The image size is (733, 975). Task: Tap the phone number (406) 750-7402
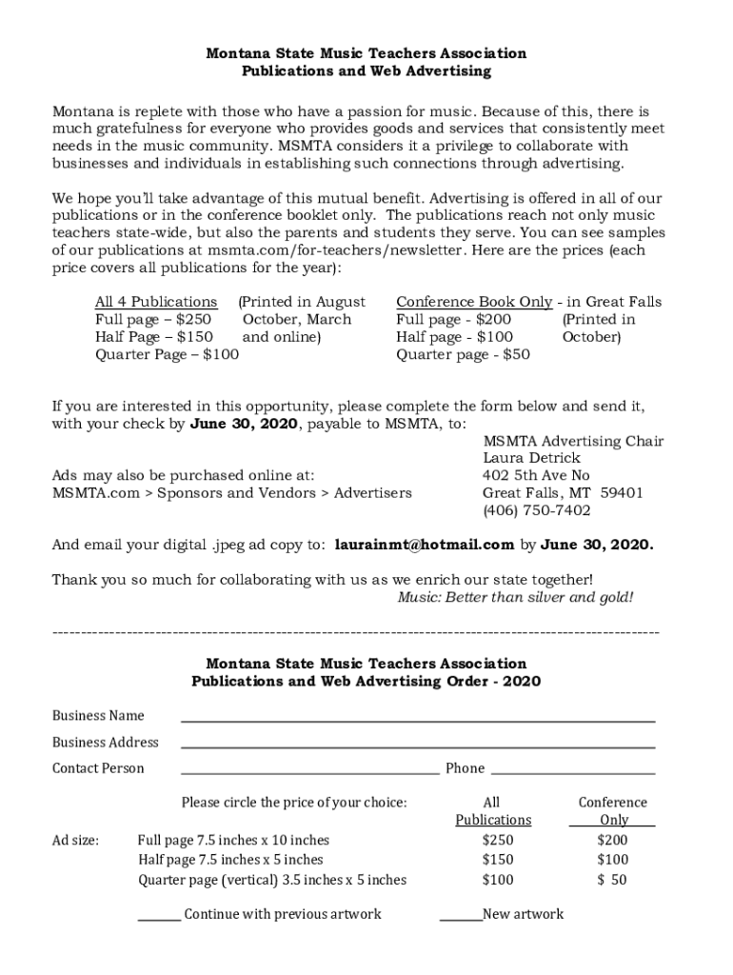click(x=537, y=510)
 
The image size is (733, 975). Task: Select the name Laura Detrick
click(x=532, y=458)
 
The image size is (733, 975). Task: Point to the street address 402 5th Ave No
click(x=536, y=475)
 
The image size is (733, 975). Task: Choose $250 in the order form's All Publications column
click(x=498, y=840)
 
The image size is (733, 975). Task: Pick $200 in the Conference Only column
click(x=612, y=840)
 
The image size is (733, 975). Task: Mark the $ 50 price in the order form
click(x=612, y=880)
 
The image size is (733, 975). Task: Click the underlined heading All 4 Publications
click(x=156, y=302)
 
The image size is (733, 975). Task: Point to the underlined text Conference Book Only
click(x=474, y=302)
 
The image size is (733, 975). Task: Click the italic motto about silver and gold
click(x=514, y=597)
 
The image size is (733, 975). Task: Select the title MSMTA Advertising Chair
click(x=573, y=441)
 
